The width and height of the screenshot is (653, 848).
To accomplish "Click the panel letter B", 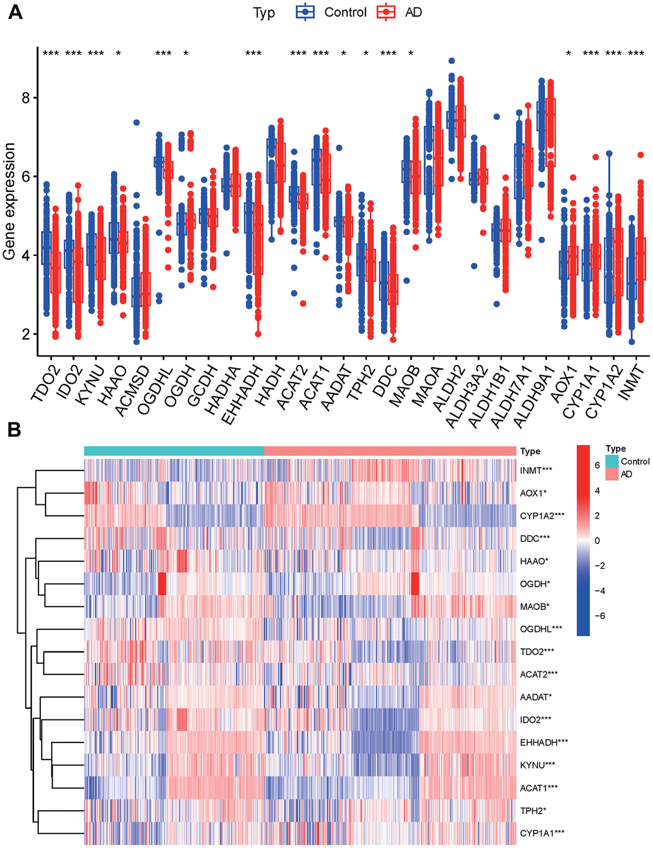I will pyautogui.click(x=14, y=429).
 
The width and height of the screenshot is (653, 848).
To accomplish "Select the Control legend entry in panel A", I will pyautogui.click(x=345, y=12).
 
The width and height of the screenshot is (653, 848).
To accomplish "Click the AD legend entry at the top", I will pyautogui.click(x=413, y=12).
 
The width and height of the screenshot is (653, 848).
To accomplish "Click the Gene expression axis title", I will pyautogui.click(x=10, y=202).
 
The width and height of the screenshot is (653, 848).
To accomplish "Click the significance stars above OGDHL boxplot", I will pyautogui.click(x=163, y=54).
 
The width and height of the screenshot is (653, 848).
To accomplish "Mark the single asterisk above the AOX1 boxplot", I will pyautogui.click(x=568, y=54).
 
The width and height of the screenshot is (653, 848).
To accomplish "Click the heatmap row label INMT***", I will pyautogui.click(x=536, y=470).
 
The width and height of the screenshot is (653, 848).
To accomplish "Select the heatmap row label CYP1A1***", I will pyautogui.click(x=542, y=833).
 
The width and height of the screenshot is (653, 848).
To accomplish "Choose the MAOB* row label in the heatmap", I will pyautogui.click(x=535, y=606).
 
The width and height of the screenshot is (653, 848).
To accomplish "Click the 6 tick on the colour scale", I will pyautogui.click(x=597, y=465).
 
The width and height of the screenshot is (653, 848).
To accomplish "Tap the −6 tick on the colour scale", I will pyautogui.click(x=600, y=616).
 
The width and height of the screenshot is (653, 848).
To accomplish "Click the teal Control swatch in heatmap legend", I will pyautogui.click(x=612, y=461).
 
